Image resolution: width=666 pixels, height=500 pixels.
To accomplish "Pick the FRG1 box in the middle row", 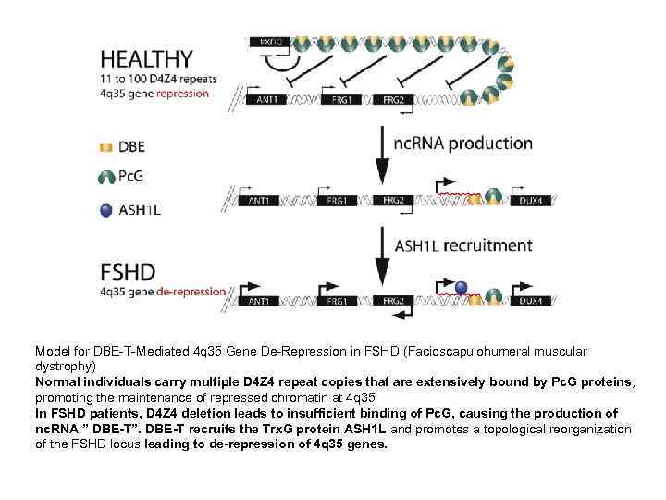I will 339,200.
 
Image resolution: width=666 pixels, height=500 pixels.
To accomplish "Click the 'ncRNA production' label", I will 463,144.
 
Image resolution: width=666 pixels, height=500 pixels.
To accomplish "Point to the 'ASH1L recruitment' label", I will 463,245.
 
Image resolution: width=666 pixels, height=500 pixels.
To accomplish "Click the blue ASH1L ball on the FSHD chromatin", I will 461,287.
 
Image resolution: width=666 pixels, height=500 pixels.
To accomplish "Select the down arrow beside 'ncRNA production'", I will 381,153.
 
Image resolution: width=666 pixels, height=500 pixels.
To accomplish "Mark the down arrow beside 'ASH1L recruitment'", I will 381,255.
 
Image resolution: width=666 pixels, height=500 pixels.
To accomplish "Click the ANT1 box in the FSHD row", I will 262,301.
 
